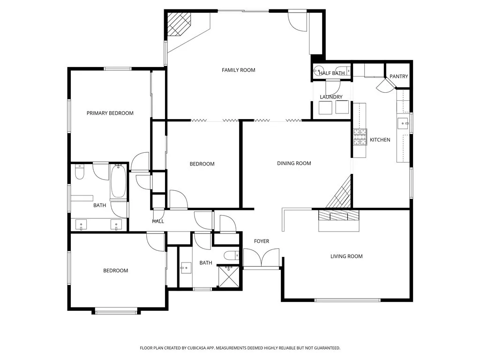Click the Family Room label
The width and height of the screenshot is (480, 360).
point(238,70)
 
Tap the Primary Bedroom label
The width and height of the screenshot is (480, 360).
point(110,113)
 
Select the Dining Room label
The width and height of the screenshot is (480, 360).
point(294,164)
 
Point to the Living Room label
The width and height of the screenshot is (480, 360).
point(346,256)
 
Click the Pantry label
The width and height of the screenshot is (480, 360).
point(399,76)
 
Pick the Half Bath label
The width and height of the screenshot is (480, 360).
point(332,73)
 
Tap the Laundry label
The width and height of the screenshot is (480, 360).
point(331,97)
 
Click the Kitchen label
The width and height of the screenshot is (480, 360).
point(380,140)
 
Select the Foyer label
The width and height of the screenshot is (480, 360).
point(262,241)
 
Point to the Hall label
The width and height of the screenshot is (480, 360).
point(158,221)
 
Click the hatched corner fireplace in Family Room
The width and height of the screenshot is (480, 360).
point(179,23)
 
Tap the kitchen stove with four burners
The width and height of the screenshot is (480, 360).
point(360,137)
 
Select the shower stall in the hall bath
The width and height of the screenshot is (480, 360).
point(230,276)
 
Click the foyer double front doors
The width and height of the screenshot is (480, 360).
point(262,259)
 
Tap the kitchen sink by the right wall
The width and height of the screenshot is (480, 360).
point(403,123)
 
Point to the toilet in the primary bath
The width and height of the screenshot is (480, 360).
point(79,173)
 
